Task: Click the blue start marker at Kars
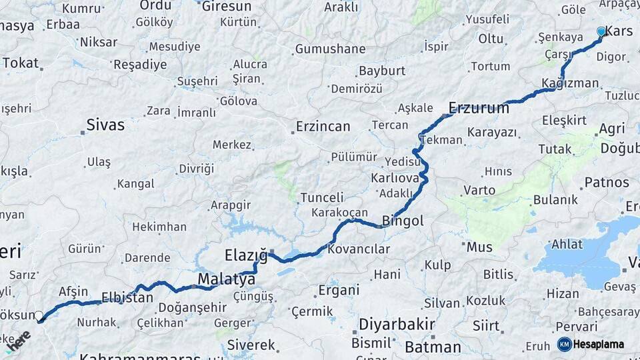tap(601, 31)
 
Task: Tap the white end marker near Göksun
tap(39, 316)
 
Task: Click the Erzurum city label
tap(479, 107)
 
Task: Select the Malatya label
tap(227, 279)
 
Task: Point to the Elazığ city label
tap(246, 255)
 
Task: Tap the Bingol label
tap(403, 221)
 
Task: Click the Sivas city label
tap(105, 125)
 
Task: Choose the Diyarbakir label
tap(397, 325)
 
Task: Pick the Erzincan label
tap(323, 127)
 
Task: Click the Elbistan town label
tap(127, 297)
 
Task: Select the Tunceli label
tap(322, 198)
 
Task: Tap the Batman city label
tap(433, 347)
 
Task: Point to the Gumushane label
tap(331, 49)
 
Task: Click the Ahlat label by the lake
tap(567, 244)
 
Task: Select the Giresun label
tap(227, 7)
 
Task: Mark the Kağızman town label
tap(571, 83)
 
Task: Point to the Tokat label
tap(21, 63)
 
